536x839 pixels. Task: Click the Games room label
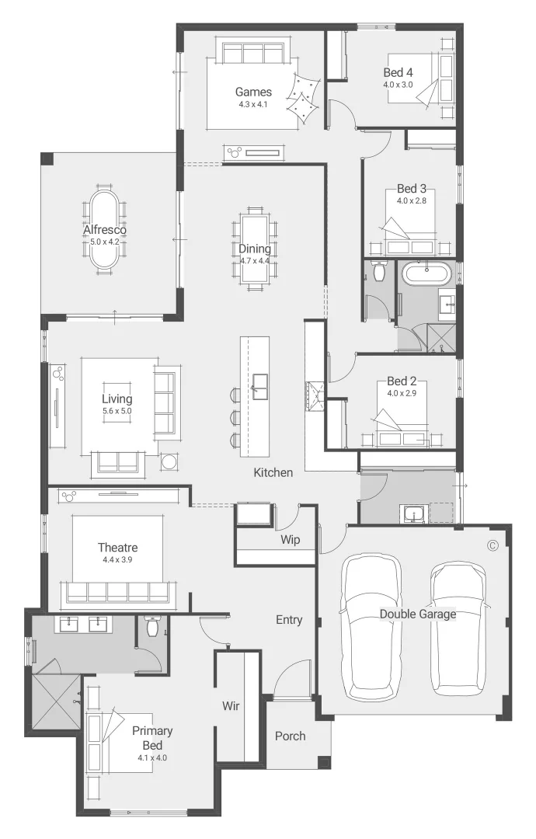tap(253, 92)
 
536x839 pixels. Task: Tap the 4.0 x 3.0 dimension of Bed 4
tap(398, 85)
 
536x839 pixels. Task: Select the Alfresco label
tap(105, 230)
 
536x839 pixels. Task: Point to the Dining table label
tap(254, 249)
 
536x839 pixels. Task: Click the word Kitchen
tap(273, 472)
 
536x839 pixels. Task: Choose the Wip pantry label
tap(289, 540)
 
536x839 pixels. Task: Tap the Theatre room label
tap(117, 548)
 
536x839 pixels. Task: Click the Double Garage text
tap(417, 614)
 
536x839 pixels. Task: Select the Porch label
tap(290, 736)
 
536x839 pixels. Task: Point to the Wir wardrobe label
tap(230, 706)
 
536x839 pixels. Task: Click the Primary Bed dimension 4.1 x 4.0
tap(152, 757)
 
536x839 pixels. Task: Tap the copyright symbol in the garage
tap(492, 545)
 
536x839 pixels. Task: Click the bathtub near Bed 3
tap(425, 273)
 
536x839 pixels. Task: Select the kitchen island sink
tap(259, 382)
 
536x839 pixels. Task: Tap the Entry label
tap(289, 620)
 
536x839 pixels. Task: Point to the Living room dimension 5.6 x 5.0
tap(117, 411)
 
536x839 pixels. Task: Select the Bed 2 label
tap(402, 382)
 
